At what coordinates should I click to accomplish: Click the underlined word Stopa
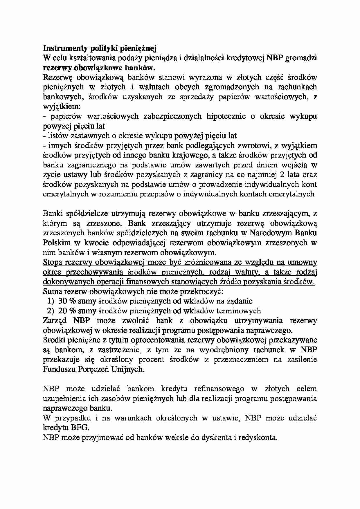coord(53,262)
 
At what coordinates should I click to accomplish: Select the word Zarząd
coord(55,321)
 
